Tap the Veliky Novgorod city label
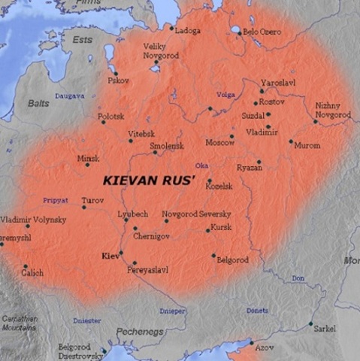(x=159, y=51)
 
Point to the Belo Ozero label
(x=262, y=32)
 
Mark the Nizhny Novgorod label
(x=332, y=110)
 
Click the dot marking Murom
(x=291, y=141)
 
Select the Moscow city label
(x=219, y=142)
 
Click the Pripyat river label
(x=56, y=201)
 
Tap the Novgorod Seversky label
(x=196, y=214)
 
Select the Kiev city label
(x=110, y=256)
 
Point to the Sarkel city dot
(x=310, y=324)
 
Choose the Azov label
(x=265, y=347)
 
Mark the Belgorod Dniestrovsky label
(x=79, y=350)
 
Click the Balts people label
(x=38, y=102)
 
